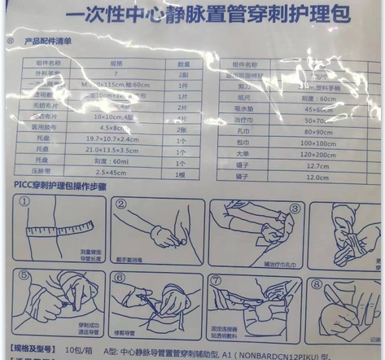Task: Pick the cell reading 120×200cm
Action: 318,152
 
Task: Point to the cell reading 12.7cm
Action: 318,165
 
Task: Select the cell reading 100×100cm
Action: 318,143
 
